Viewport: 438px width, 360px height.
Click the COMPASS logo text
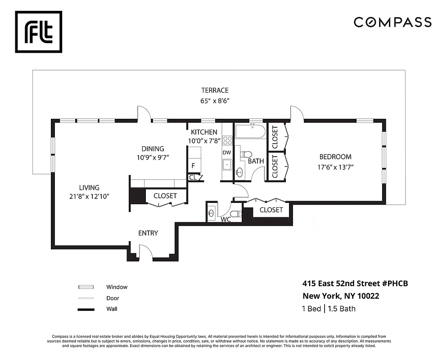[392, 22]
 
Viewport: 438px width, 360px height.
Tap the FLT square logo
[39, 31]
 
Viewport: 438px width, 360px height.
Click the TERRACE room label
[215, 90]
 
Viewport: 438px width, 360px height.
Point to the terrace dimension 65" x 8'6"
[215, 101]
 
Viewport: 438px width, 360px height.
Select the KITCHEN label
[204, 132]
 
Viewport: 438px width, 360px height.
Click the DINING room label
[153, 149]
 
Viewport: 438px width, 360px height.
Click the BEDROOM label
[335, 157]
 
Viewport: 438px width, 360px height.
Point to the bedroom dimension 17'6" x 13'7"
[335, 167]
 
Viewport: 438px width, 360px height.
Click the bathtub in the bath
[250, 132]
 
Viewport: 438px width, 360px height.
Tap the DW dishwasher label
[226, 153]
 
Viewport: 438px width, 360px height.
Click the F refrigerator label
[193, 166]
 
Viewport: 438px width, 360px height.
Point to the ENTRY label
[148, 233]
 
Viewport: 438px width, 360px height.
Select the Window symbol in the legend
[86, 287]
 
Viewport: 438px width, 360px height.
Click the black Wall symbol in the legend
[86, 309]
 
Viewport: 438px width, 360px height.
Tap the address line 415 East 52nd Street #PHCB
[355, 283]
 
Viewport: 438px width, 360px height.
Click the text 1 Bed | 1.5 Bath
[329, 309]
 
